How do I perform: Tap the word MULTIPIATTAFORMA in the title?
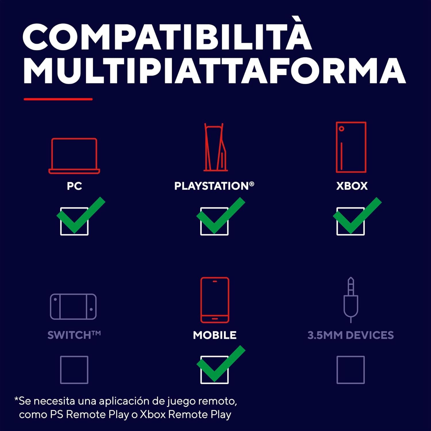pos(214,71)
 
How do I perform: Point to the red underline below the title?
pos(58,99)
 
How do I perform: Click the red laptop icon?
pos(74,156)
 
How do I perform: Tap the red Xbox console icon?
pos(351,147)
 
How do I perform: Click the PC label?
pos(74,186)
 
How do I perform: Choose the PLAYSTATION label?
pos(214,186)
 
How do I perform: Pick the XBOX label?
pos(352,186)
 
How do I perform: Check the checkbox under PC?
pos(74,221)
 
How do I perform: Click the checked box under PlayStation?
pos(214,221)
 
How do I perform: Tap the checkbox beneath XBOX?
pos(351,221)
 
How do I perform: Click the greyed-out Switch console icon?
pos(73,307)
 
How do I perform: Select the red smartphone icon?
pos(215,300)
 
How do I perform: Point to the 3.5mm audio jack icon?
pos(351,300)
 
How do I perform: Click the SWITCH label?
pos(74,335)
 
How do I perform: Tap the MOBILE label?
pos(215,335)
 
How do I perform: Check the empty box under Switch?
pos(74,370)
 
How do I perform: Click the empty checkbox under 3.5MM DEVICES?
pos(351,370)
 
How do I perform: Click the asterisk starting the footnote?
pos(16,399)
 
